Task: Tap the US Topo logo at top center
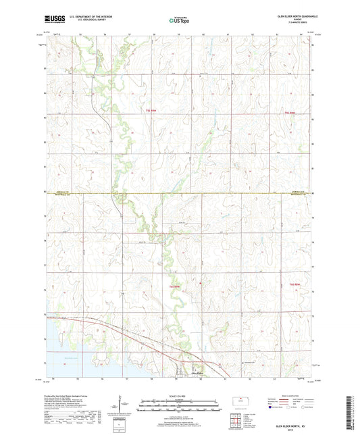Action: pyautogui.click(x=179, y=21)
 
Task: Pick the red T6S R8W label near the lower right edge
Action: pyautogui.click(x=295, y=284)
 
